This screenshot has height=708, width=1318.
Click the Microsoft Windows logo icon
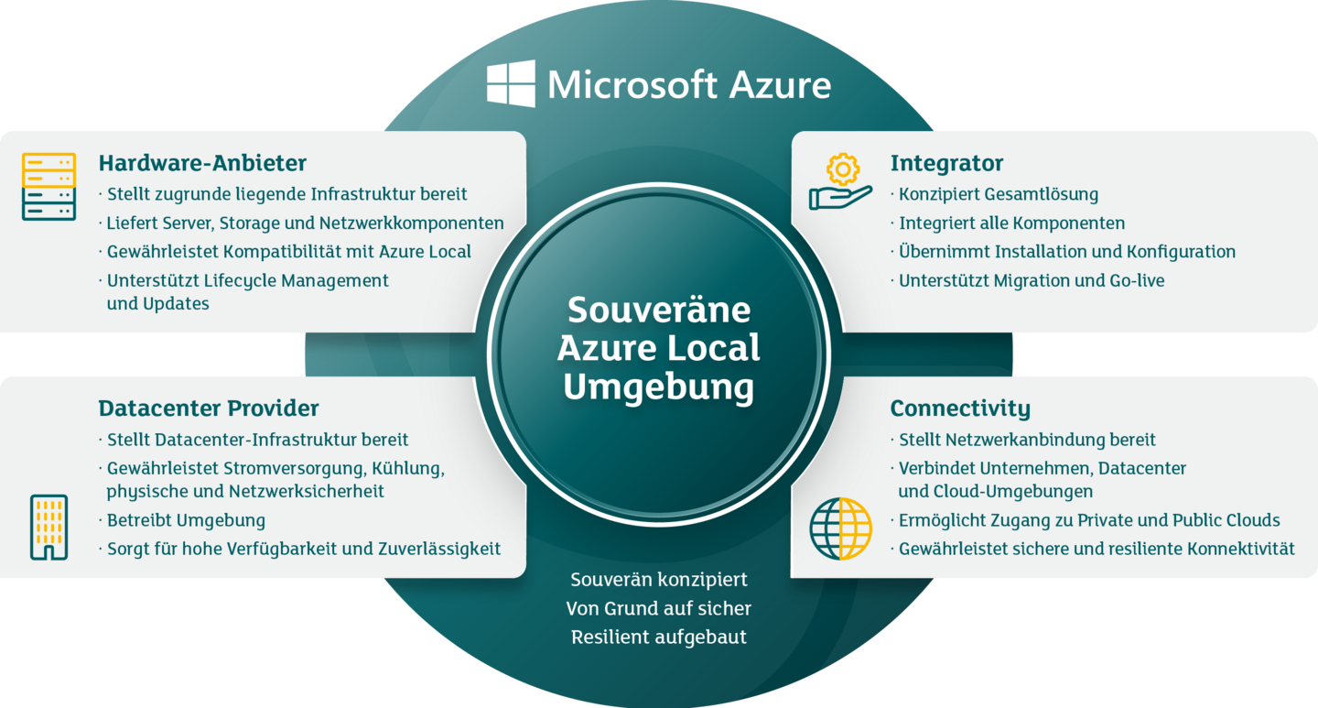tap(511, 83)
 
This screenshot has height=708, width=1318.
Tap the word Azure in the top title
tap(780, 85)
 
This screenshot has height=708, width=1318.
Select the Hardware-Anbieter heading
tap(202, 163)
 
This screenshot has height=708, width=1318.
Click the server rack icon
tap(49, 186)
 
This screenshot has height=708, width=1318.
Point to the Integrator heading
tap(946, 163)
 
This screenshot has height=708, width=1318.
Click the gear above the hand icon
tap(843, 169)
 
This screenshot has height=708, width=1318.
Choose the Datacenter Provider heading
tap(209, 408)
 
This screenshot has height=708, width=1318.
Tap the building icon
tap(49, 528)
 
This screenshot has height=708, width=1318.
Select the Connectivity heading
tap(960, 408)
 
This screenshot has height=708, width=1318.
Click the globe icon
tap(840, 528)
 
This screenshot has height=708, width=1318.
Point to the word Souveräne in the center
tap(659, 310)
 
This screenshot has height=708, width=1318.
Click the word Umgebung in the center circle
tap(658, 387)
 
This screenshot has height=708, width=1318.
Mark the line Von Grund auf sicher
tap(658, 608)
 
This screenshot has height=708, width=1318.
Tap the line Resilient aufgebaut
tap(658, 637)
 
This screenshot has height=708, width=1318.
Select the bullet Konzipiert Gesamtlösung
tap(999, 194)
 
